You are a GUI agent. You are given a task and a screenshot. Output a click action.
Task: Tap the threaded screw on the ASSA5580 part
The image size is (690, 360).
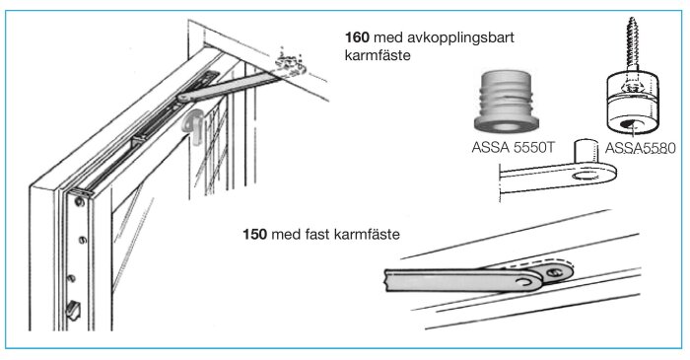tap(627, 43)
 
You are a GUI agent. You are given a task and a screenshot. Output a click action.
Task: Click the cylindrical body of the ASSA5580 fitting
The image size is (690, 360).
tap(627, 104)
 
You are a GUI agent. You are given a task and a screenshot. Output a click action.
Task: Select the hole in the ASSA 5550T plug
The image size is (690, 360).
tap(508, 125)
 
